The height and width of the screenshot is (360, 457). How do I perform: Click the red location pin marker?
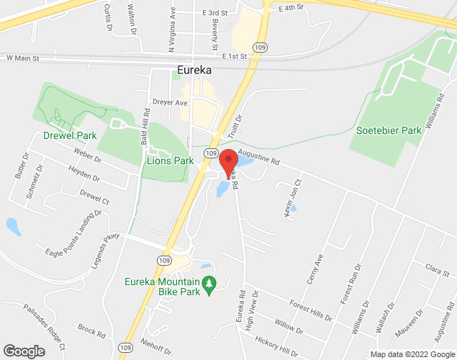tap(229, 163)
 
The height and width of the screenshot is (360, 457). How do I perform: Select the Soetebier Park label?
tap(389, 131)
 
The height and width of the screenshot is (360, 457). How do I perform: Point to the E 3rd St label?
tap(214, 13)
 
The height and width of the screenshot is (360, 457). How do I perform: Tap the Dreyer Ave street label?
tap(170, 103)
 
